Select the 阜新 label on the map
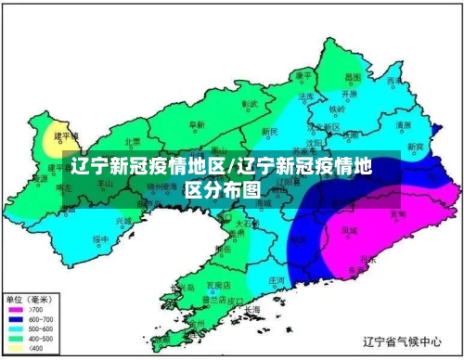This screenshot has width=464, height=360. [x=197, y=124]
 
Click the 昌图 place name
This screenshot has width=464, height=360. [x=352, y=77]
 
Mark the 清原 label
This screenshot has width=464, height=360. [x=403, y=124]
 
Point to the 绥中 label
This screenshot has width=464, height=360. [x=100, y=239]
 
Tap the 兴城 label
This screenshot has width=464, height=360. [x=123, y=221]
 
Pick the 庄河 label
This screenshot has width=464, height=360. [x=276, y=278]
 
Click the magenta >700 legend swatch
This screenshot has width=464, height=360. [x=17, y=309]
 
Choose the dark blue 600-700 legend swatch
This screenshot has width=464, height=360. [x=17, y=319]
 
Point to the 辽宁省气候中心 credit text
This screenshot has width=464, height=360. [x=402, y=342]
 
